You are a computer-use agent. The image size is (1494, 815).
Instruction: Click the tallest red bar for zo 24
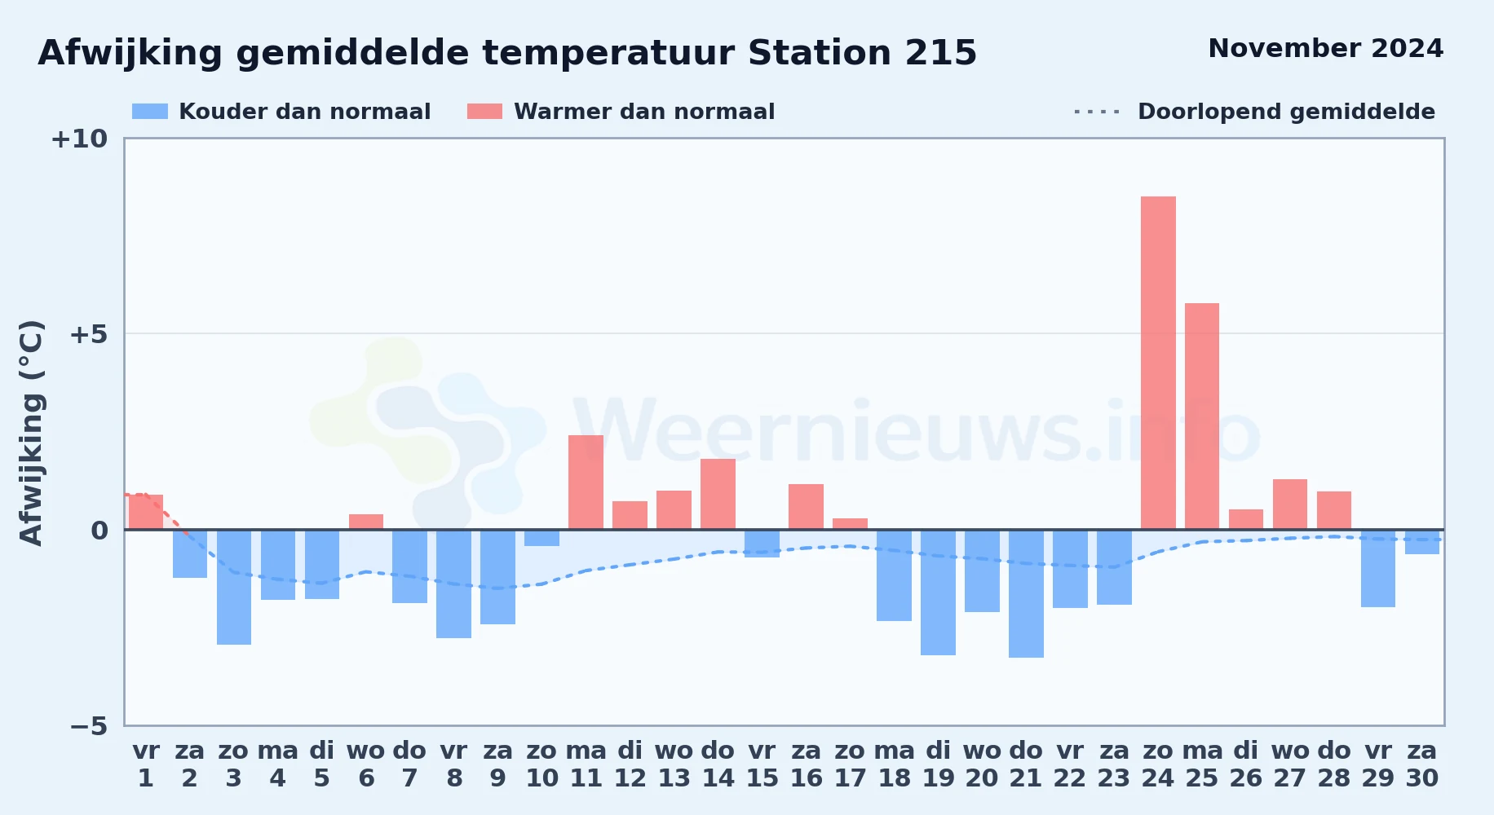(x=1158, y=363)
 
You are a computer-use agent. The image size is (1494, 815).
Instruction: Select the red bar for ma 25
(x=1202, y=416)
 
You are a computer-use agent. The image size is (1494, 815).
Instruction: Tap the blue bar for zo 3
(x=234, y=587)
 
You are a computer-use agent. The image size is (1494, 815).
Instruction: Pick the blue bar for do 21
(x=1026, y=593)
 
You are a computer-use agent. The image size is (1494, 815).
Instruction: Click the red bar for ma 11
(x=586, y=482)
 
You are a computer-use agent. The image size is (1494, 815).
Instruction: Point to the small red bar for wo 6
(x=366, y=522)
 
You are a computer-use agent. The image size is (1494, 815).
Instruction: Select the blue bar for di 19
(x=938, y=593)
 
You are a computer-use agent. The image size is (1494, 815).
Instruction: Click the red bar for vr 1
(x=146, y=512)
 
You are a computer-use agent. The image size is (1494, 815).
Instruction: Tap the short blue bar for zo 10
(x=541, y=538)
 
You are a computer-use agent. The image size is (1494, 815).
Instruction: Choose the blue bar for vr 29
(x=1378, y=568)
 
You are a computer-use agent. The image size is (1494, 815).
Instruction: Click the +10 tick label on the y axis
(x=79, y=139)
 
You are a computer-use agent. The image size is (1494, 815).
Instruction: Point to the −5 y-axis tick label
(x=88, y=725)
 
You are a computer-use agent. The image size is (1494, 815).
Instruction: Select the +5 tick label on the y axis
(x=88, y=334)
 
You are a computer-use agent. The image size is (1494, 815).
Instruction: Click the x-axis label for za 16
(x=806, y=764)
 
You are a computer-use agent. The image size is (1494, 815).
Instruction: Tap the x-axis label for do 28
(x=1334, y=764)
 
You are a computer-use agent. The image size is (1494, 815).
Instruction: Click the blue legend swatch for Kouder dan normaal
(x=150, y=112)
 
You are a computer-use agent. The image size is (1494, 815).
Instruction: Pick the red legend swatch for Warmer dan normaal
(x=484, y=112)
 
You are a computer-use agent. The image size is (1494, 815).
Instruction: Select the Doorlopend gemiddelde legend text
(x=1286, y=112)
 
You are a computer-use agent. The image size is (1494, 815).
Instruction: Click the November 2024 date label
(x=1325, y=48)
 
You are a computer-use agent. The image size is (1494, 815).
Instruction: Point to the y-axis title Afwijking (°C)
(x=31, y=433)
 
